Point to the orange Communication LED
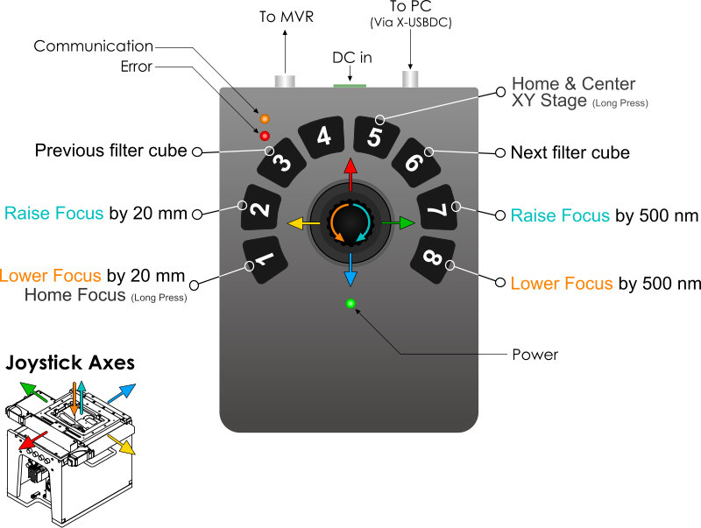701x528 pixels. click(x=265, y=117)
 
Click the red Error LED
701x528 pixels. click(x=265, y=135)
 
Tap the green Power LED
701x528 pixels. click(x=350, y=304)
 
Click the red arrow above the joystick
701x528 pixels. click(x=350, y=173)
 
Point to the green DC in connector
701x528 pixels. click(x=350, y=85)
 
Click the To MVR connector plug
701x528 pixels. click(x=285, y=81)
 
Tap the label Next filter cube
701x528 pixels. click(x=570, y=152)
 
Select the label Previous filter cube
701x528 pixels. click(x=110, y=150)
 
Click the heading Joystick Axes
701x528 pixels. click(x=71, y=362)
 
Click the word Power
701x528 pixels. click(x=535, y=355)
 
